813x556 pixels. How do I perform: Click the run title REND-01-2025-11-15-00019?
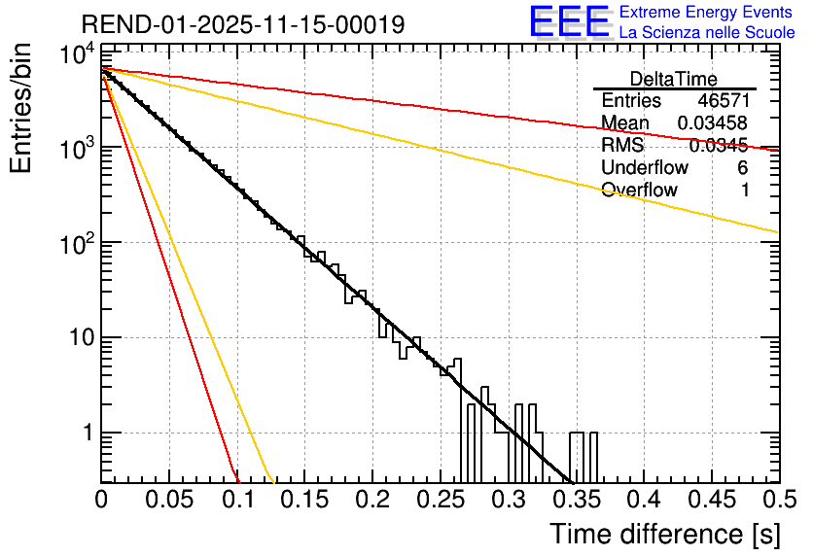[x=243, y=24]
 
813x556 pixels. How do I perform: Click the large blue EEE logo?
[x=568, y=22]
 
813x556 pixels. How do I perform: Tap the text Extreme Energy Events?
[x=706, y=13]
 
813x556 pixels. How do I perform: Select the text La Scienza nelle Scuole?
[x=706, y=32]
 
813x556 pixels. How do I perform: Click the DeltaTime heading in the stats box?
[x=674, y=78]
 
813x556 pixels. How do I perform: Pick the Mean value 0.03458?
[x=713, y=123]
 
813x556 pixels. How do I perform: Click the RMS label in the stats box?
[x=623, y=146]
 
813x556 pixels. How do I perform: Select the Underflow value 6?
[x=743, y=168]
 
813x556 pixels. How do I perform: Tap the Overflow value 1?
[x=744, y=191]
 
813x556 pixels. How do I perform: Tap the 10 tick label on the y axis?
[x=76, y=338]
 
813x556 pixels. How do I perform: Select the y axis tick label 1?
[x=86, y=434]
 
